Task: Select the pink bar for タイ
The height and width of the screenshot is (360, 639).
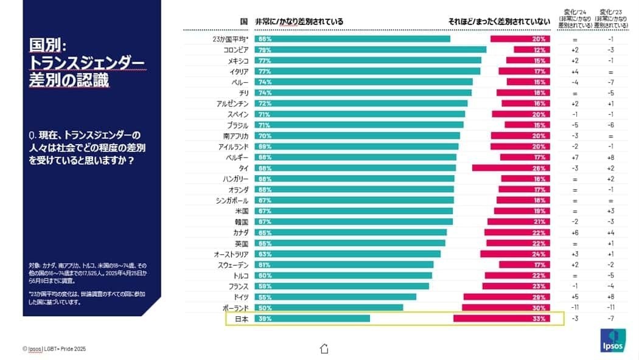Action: pyautogui.click(x=511, y=168)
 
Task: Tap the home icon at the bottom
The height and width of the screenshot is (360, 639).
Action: pyautogui.click(x=324, y=348)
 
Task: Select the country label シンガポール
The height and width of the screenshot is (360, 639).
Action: pyautogui.click(x=232, y=200)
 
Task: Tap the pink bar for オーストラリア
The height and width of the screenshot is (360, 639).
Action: pyautogui.click(x=515, y=254)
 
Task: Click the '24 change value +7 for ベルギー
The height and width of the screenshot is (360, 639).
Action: pyautogui.click(x=574, y=157)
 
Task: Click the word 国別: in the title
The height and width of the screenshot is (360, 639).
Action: pyautogui.click(x=51, y=46)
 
